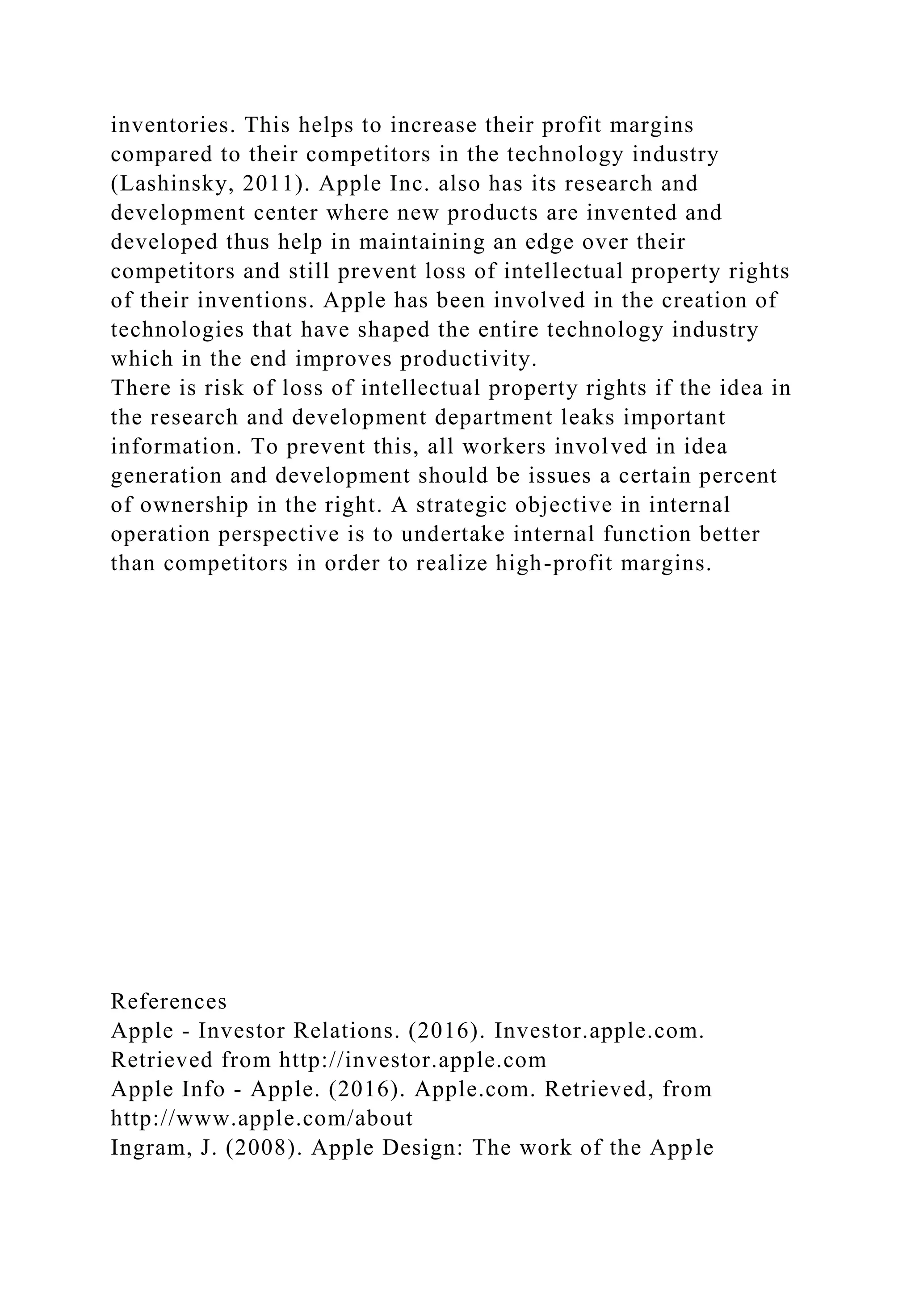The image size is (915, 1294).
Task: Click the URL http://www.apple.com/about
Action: (262, 1119)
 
